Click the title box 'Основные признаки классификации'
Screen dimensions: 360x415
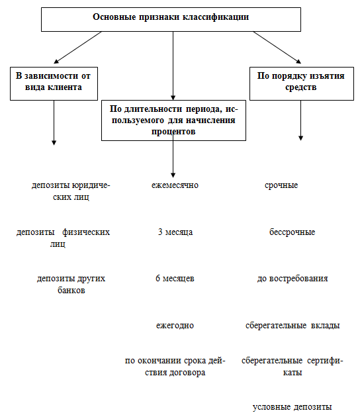coord(171,19)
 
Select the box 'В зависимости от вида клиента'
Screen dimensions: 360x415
coord(54,83)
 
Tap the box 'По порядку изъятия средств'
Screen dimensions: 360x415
coord(302,83)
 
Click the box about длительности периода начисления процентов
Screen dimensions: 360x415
coord(173,120)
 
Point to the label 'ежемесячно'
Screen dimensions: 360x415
coord(175,185)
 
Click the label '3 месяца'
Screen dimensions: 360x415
coord(175,232)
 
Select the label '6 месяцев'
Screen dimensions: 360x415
coord(175,279)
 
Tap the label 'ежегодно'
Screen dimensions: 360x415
coord(175,325)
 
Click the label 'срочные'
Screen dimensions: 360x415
coord(281,185)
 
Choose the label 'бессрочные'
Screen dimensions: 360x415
coord(292,232)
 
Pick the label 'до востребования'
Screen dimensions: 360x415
coord(292,279)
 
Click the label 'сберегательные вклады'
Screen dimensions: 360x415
coord(292,325)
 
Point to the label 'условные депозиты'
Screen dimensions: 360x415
coord(292,407)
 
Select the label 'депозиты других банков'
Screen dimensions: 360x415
coord(71,284)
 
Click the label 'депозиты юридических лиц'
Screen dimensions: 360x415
coord(71,191)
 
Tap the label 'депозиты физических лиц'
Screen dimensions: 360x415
coord(63,238)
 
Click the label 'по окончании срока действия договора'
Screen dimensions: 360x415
coord(175,366)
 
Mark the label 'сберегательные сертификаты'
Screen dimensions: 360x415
coord(292,366)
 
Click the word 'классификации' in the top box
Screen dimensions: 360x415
coord(215,17)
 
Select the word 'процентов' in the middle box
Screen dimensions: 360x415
coord(173,132)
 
